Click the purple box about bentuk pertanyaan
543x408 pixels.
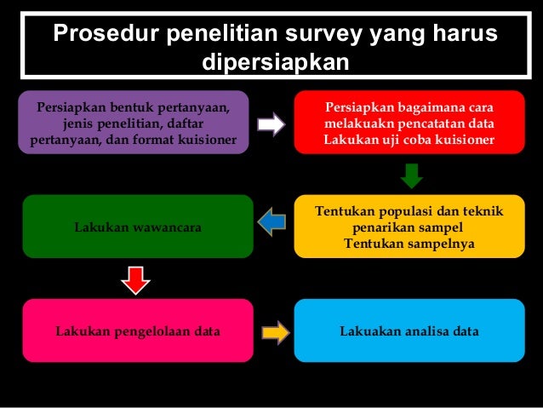[x=134, y=122]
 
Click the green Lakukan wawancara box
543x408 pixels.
[x=137, y=227]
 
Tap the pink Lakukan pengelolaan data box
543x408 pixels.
[x=137, y=330]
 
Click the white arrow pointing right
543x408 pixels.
[x=271, y=124]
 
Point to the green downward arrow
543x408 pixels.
[x=411, y=175]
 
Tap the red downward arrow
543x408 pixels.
[x=132, y=278]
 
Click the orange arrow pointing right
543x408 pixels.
[x=275, y=330]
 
